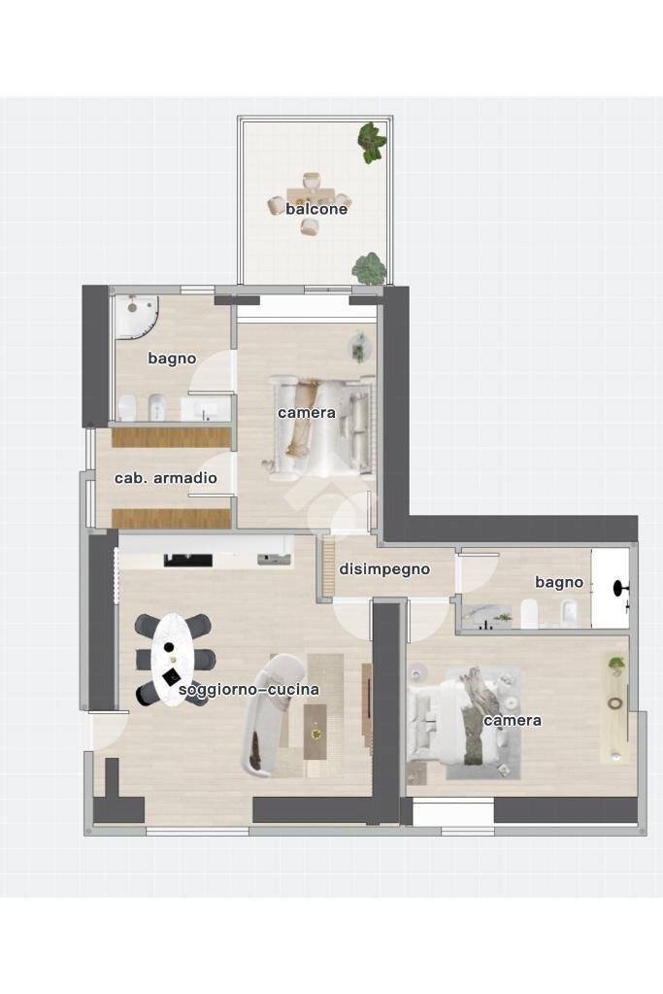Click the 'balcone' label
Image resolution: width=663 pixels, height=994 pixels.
point(316,209)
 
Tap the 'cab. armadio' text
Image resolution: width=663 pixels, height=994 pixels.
point(165,478)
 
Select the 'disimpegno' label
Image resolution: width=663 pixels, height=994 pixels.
point(384,569)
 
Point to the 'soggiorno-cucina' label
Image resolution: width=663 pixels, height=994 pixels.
point(249,689)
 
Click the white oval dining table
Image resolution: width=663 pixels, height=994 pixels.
point(173,660)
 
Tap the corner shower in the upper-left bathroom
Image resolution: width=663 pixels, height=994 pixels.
point(135,315)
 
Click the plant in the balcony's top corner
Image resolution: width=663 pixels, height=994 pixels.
point(371,142)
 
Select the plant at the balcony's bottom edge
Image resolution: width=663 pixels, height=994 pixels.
point(369,268)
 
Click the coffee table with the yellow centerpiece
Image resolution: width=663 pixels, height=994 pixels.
point(316,733)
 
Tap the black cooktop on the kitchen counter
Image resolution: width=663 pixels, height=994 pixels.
point(188,560)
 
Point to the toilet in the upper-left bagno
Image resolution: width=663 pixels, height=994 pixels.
point(127,408)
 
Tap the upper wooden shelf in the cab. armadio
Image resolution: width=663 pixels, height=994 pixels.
point(171,438)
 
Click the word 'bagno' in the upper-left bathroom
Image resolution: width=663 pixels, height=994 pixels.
point(172,359)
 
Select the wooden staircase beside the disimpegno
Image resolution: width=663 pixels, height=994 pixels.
point(328,566)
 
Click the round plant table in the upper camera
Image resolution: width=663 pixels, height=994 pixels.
point(358,349)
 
